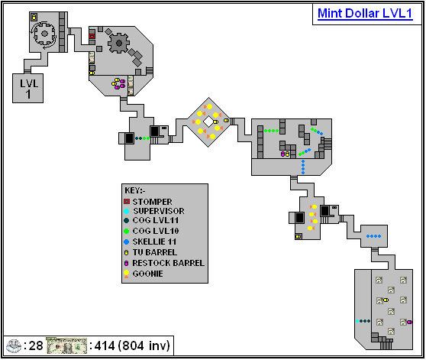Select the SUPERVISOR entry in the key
click(158, 211)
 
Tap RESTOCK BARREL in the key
click(168, 263)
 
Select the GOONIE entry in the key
click(148, 273)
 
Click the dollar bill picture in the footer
click(67, 346)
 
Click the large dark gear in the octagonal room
click(119, 43)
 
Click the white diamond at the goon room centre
click(208, 121)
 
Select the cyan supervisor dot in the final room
click(357, 321)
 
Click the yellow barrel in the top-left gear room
click(34, 18)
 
